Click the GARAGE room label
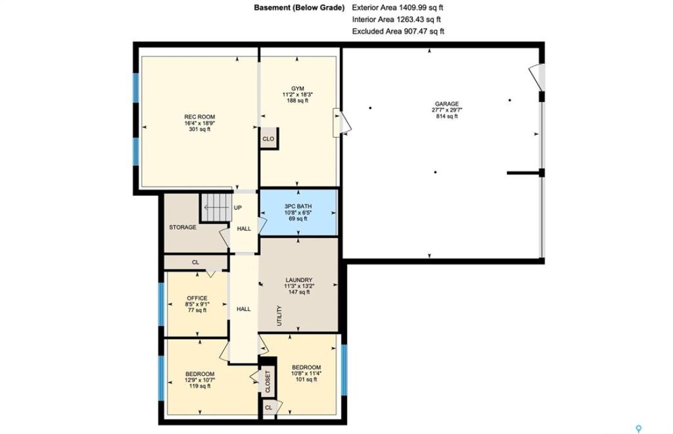click(x=447, y=104)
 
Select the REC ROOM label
click(x=199, y=117)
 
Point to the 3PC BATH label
click(x=298, y=207)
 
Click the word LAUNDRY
click(x=299, y=280)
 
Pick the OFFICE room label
click(x=197, y=298)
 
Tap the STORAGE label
click(x=183, y=227)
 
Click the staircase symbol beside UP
click(x=216, y=208)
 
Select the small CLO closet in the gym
click(x=268, y=139)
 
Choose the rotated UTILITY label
click(x=280, y=315)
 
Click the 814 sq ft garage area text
click(x=447, y=116)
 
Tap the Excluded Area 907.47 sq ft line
click(x=398, y=31)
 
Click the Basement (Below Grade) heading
click(x=299, y=7)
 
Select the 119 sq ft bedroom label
click(x=199, y=386)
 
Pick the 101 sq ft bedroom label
click(x=306, y=380)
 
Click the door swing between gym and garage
click(x=342, y=122)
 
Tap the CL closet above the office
click(x=196, y=262)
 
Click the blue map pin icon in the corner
click(x=639, y=429)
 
